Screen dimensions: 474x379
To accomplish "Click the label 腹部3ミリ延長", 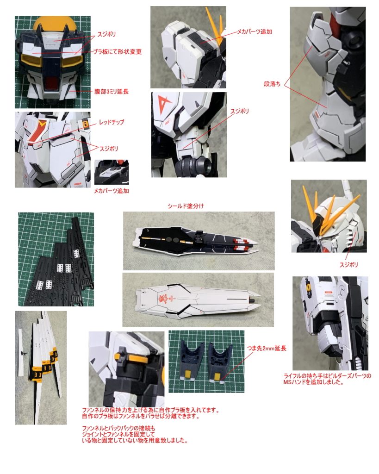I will tap(111, 92).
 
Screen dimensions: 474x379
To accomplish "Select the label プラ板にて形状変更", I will tap(117, 52).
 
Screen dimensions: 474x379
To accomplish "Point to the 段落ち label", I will tap(273, 85).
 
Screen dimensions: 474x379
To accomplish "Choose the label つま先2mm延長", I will tap(267, 348).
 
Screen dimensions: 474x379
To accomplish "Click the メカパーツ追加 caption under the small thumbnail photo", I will tap(112, 190).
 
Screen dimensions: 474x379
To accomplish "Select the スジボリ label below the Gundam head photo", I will tap(348, 265).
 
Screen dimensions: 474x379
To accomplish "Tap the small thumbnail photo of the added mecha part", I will tap(112, 172).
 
